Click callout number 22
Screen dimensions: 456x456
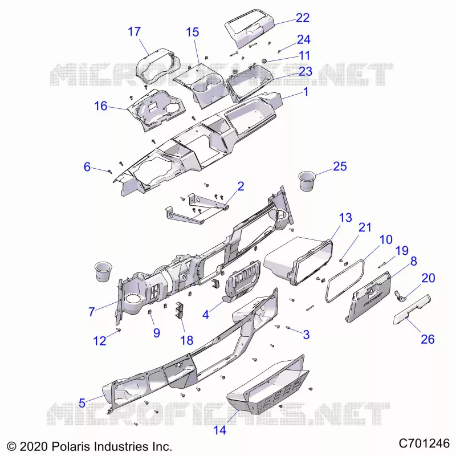pos(303,18)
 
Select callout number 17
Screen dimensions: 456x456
pos(134,31)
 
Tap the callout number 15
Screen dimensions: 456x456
pos(193,32)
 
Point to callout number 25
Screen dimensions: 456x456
pos(340,166)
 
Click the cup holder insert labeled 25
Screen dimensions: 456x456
pos(307,181)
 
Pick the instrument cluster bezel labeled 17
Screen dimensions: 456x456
pos(158,66)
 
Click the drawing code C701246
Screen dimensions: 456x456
pos(424,444)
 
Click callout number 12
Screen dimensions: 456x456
pos(99,341)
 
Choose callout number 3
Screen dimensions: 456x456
pos(306,335)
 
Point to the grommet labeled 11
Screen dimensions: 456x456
pos(264,61)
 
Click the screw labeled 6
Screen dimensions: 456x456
pos(109,172)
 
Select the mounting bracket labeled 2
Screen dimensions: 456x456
pos(196,208)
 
